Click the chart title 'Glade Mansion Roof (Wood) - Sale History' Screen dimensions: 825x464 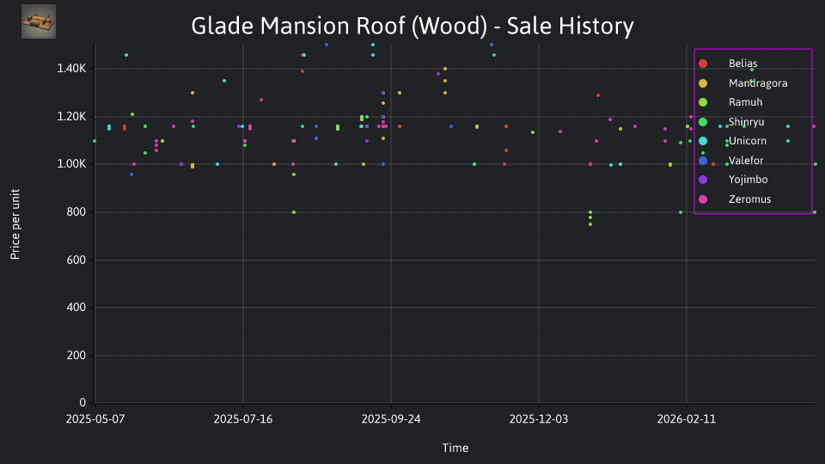[412, 26]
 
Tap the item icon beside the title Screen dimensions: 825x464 [39, 21]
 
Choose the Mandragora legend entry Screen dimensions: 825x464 [742, 83]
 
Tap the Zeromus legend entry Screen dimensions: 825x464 [734, 199]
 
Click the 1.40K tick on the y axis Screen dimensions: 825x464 [71, 69]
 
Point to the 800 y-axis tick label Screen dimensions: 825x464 [76, 212]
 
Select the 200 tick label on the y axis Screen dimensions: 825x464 [76, 355]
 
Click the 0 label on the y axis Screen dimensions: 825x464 [82, 402]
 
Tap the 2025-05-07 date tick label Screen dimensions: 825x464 [95, 419]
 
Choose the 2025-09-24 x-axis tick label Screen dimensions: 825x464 [391, 419]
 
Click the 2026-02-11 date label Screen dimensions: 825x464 [687, 419]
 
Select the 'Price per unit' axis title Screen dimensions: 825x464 [15, 224]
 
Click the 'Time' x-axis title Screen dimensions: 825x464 [455, 448]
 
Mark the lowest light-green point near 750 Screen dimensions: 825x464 [590, 224]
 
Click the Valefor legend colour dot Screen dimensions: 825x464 [703, 161]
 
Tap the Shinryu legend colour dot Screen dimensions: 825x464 [703, 122]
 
